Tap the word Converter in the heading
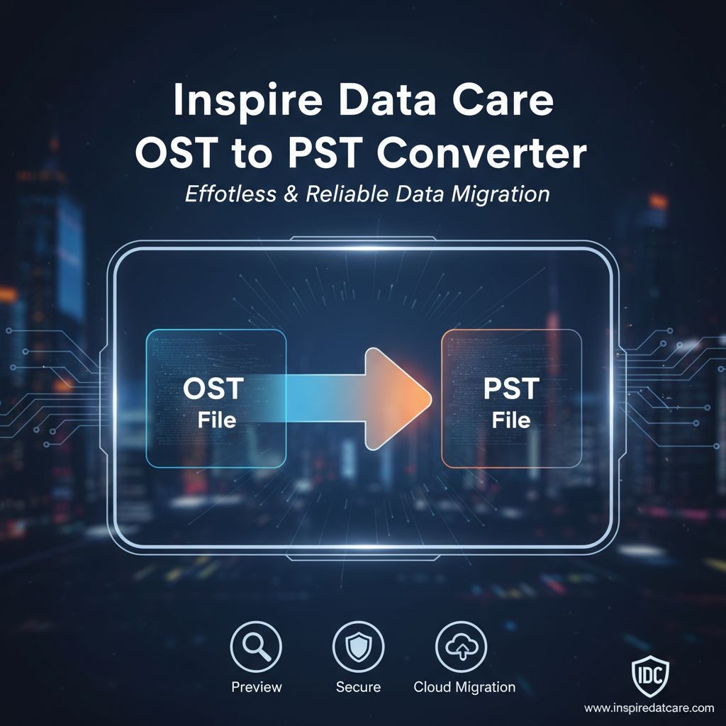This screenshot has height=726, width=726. [481, 153]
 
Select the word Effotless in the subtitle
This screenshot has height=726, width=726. [230, 194]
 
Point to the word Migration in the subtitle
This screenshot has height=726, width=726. [501, 194]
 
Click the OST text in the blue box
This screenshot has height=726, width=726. [213, 389]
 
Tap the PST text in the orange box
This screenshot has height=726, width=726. [511, 389]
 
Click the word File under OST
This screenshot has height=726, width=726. [217, 420]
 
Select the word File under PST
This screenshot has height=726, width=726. [511, 420]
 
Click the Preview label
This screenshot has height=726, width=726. [257, 686]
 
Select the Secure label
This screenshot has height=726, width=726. [358, 686]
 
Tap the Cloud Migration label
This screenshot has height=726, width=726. [464, 686]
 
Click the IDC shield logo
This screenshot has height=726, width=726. [651, 676]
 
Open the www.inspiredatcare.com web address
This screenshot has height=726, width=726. [649, 708]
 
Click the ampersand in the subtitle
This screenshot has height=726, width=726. [291, 194]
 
